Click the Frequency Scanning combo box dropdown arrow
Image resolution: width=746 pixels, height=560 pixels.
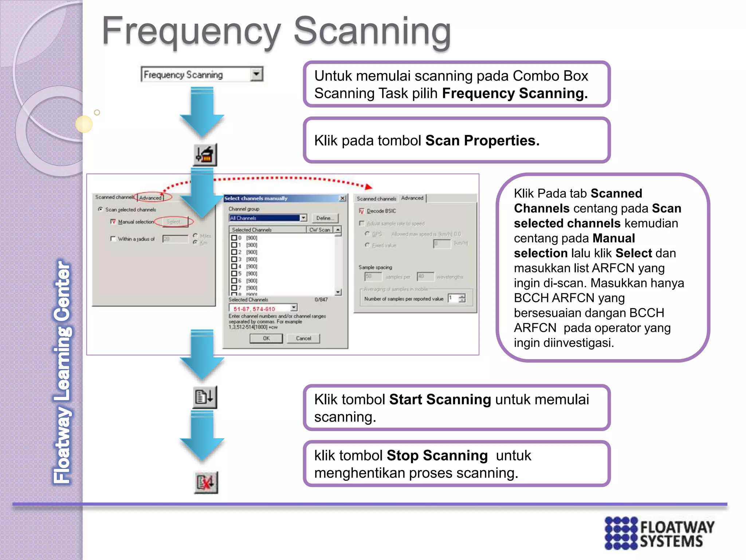click(256, 74)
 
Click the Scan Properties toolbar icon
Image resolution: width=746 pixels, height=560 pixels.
click(205, 155)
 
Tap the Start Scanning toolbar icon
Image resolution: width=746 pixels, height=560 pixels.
click(205, 397)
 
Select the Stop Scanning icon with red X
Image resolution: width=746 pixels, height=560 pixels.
click(206, 482)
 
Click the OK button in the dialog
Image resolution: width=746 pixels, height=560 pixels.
click(266, 338)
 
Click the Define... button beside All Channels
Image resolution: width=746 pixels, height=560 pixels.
click(325, 218)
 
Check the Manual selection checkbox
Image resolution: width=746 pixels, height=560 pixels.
click(113, 222)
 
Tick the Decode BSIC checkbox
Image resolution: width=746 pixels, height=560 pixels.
click(361, 211)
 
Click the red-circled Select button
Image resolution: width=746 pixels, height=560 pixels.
click(174, 222)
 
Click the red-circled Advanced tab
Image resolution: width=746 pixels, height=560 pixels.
click(150, 198)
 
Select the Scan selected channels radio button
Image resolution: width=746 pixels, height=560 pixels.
click(101, 209)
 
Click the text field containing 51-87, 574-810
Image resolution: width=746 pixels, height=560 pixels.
click(260, 309)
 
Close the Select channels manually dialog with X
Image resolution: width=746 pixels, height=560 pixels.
click(342, 198)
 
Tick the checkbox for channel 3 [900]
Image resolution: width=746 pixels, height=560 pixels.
click(234, 259)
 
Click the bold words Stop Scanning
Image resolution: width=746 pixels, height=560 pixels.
click(437, 455)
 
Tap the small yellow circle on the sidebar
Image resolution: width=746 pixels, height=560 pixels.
click(84, 124)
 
